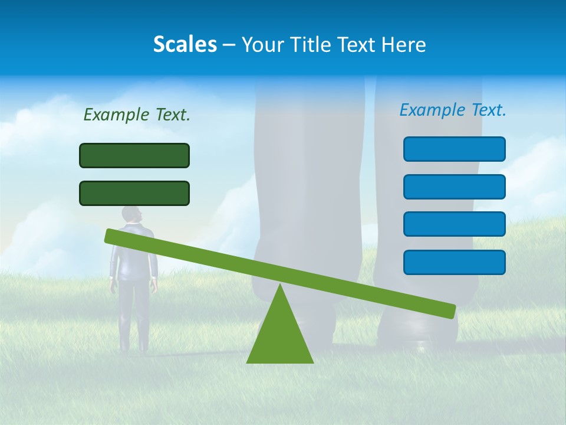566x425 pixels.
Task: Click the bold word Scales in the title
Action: point(185,44)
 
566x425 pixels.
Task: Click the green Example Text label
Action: point(137,115)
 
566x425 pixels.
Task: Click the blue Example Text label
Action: point(453,110)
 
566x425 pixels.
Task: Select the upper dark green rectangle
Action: point(134,155)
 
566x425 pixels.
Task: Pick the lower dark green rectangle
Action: point(134,193)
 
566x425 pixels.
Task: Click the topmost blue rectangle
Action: point(454,149)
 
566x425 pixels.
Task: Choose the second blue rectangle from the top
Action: point(454,187)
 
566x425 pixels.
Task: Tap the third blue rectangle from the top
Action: point(454,224)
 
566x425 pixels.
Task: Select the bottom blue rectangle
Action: point(454,262)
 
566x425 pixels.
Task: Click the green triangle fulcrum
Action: point(279,336)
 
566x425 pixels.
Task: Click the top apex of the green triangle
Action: point(279,285)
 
